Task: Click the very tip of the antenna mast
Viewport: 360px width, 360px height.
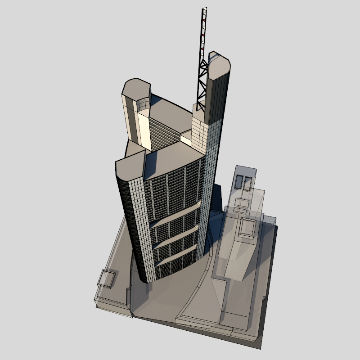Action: tap(205, 8)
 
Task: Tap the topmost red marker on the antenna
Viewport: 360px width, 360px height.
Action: tap(204, 20)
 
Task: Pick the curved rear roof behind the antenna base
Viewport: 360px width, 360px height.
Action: tap(173, 110)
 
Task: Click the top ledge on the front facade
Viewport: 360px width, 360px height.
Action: tap(175, 214)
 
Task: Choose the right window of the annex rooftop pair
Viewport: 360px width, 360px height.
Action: tap(247, 183)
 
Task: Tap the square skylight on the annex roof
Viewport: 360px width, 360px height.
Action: tap(248, 227)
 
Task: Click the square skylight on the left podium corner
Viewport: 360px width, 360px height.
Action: tap(107, 279)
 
